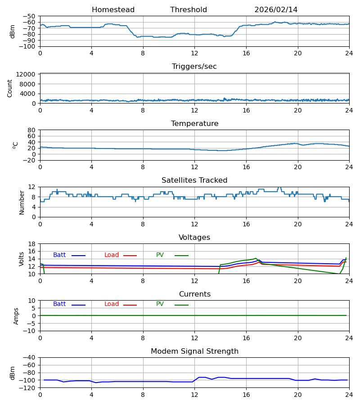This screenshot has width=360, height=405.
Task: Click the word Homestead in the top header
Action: click(113, 10)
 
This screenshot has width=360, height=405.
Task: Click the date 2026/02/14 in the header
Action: click(276, 10)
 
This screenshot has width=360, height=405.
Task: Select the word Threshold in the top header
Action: click(189, 10)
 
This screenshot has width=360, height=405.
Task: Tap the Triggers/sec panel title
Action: click(194, 67)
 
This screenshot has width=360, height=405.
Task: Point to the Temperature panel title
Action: click(194, 124)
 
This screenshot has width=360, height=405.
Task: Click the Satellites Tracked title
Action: click(194, 180)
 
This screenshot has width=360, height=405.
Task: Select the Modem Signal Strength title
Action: click(194, 351)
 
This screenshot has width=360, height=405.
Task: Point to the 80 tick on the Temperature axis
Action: click(32, 130)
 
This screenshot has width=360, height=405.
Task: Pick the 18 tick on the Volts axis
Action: click(32, 244)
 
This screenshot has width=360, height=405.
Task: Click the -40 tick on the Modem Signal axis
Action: click(30, 357)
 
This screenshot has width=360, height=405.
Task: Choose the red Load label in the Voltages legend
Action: click(112, 255)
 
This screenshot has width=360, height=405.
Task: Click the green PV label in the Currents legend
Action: click(160, 304)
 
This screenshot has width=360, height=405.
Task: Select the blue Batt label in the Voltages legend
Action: click(59, 255)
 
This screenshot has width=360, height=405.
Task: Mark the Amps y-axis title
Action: click(16, 316)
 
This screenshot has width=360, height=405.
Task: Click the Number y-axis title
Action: click(22, 202)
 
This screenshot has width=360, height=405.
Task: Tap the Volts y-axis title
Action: click(22, 259)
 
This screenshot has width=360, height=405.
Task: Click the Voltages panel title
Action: click(194, 238)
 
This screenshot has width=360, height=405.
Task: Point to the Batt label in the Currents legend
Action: click(59, 304)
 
